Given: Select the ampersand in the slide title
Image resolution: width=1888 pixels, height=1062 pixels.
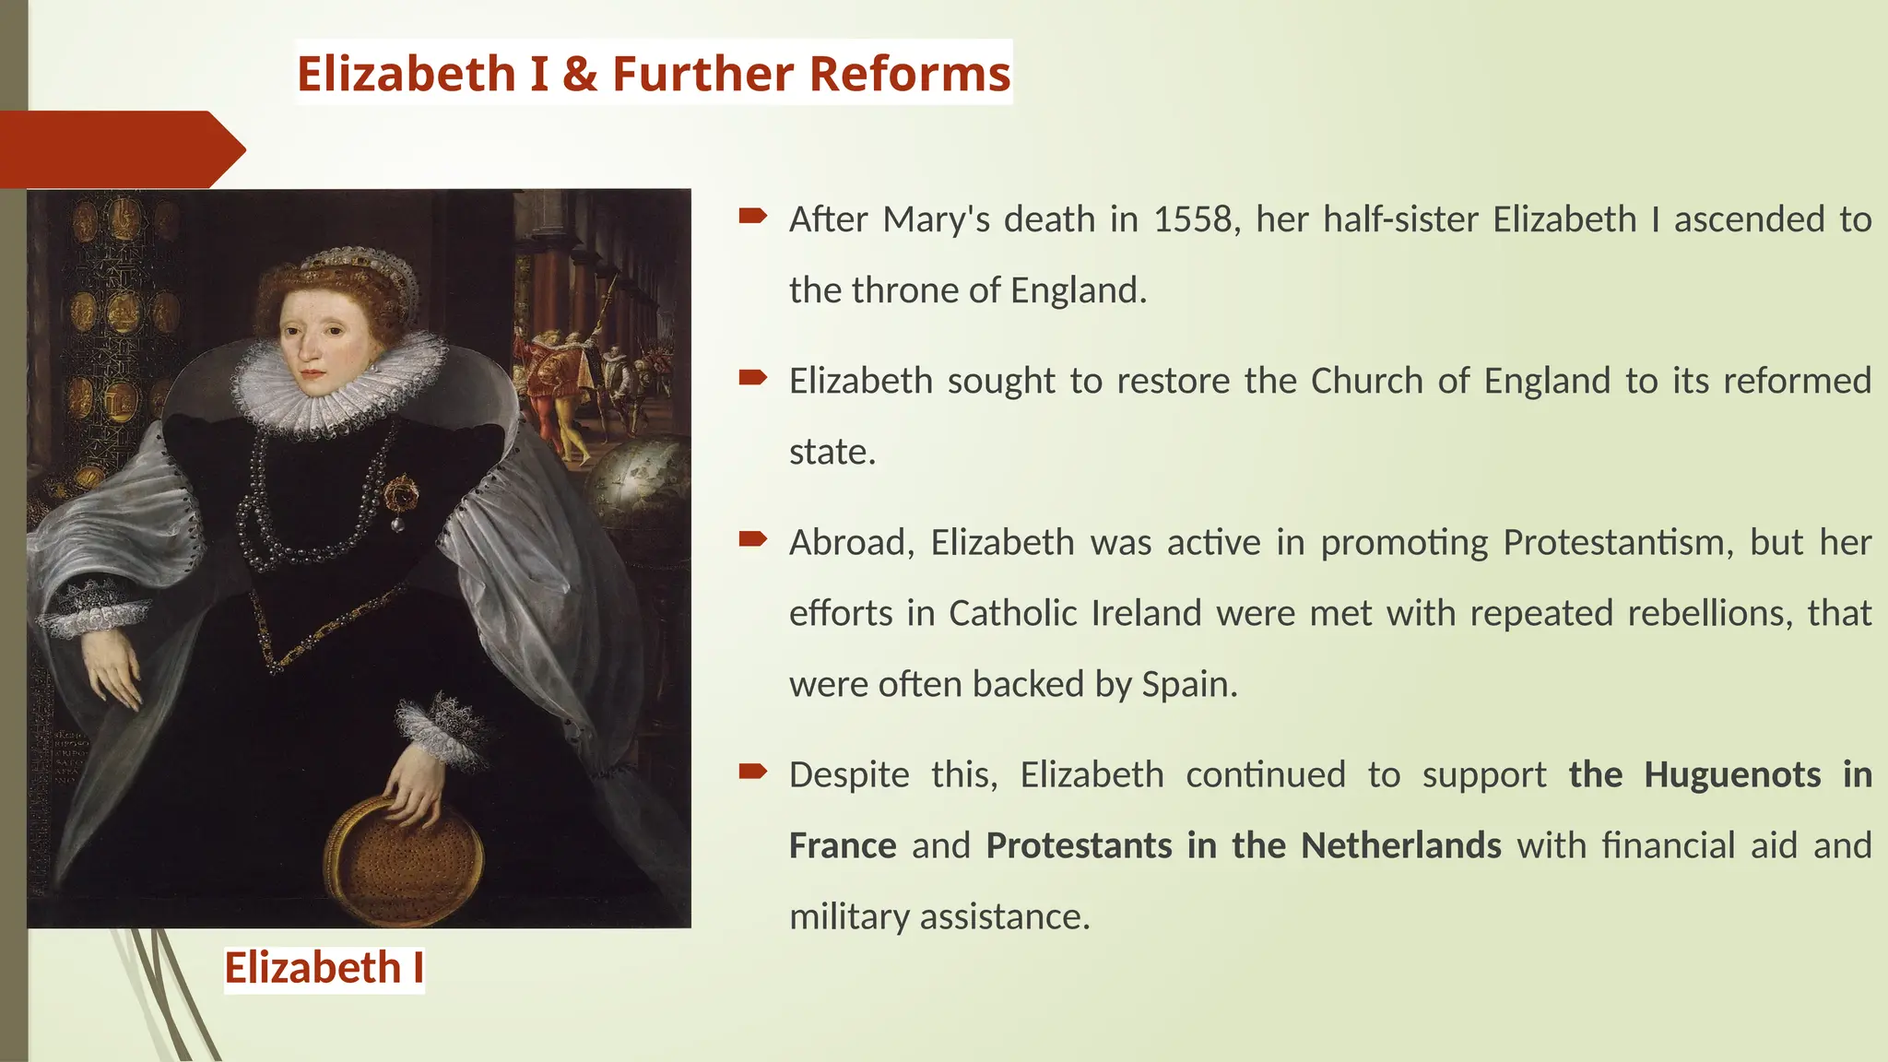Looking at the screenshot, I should point(580,74).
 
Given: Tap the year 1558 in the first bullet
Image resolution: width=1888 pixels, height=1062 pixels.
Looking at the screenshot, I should point(1193,219).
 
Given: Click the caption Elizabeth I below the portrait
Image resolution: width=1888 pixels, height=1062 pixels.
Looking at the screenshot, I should point(324,968).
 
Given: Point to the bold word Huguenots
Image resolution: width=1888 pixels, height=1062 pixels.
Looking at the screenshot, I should point(1732,774).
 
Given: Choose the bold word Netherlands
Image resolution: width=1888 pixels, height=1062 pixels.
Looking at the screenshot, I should point(1401,845).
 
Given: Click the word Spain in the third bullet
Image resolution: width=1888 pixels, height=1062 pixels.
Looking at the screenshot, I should point(1188,684).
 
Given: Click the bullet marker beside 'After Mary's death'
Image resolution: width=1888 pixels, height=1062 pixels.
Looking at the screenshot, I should point(752,217).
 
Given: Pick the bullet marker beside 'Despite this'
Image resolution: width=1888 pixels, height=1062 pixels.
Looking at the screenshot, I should point(752,772).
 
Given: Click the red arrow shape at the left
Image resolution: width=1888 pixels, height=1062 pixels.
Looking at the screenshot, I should point(120,149).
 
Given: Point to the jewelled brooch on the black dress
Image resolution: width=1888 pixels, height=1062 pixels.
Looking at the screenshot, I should point(401,498).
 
